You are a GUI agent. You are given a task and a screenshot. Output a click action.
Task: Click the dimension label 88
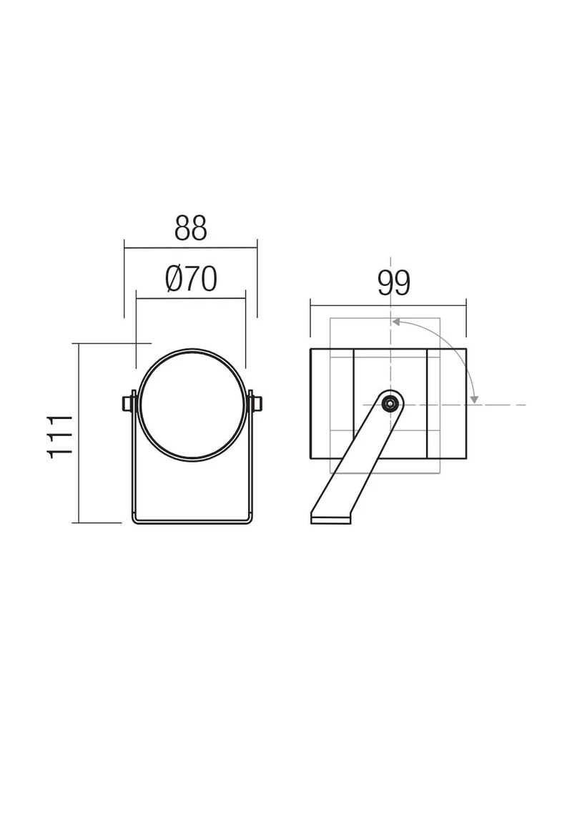coord(190,228)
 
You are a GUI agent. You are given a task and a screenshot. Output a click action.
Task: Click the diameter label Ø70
coord(191,279)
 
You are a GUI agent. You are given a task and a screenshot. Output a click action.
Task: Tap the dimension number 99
coord(394,283)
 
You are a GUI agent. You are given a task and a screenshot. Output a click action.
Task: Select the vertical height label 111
coord(60,436)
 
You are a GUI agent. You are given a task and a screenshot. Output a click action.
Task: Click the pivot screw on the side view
coord(390,403)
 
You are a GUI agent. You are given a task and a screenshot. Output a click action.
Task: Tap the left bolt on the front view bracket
coord(126,403)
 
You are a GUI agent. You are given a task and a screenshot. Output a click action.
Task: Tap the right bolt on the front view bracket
coord(257,403)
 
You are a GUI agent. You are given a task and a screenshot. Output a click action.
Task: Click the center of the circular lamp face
coord(192,405)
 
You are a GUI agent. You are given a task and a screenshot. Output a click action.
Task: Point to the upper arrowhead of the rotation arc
coord(395,322)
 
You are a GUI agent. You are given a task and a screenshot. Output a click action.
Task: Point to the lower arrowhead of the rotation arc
coord(474,400)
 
